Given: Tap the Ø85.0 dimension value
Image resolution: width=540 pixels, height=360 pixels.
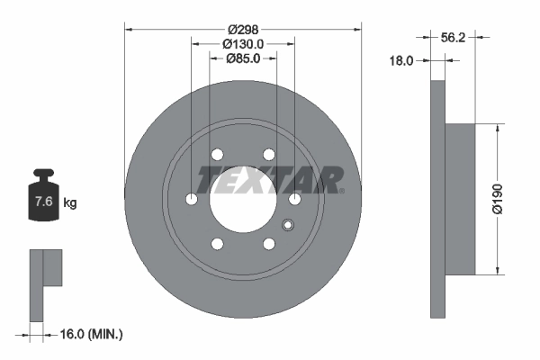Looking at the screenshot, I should [x=243, y=58].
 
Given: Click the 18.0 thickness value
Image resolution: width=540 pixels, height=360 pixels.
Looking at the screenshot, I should [x=400, y=61].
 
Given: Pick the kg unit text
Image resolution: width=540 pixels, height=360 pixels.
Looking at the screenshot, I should [x=69, y=202].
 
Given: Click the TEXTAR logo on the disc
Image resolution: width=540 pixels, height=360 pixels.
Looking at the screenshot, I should [x=270, y=180].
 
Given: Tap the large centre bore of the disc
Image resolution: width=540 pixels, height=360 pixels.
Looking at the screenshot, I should [x=243, y=199].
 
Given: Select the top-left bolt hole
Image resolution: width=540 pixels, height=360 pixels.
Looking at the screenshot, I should [x=217, y=155].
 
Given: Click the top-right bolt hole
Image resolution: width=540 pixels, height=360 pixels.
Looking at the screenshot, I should [x=268, y=155].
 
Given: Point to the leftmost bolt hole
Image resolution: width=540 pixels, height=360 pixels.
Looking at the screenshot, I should [x=191, y=199].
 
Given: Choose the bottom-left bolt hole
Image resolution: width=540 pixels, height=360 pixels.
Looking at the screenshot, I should [x=217, y=243].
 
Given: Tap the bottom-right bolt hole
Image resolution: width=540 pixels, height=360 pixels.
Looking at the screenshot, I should [x=268, y=243].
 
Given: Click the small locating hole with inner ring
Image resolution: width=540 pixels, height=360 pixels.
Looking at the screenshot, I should [x=288, y=226].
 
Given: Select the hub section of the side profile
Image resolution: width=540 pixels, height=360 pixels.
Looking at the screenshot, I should [x=460, y=199].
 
